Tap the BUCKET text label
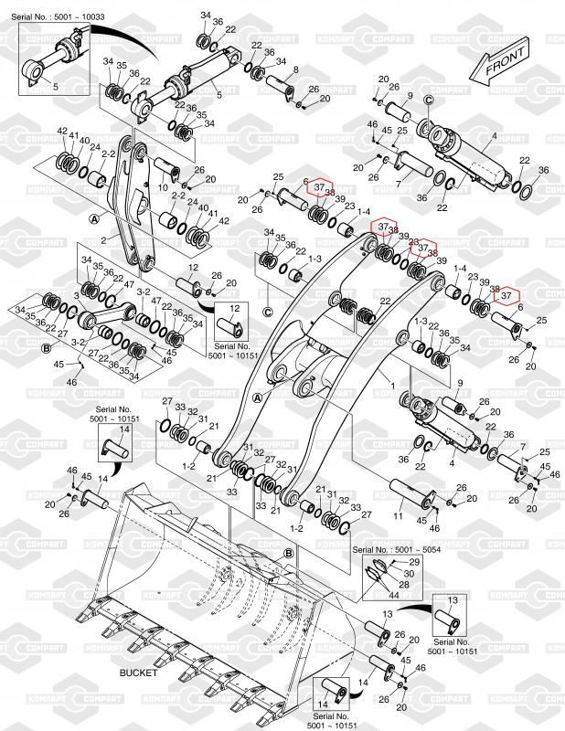138,672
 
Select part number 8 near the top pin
295,70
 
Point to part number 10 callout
164,186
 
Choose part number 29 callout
414,561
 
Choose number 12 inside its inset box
235,309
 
